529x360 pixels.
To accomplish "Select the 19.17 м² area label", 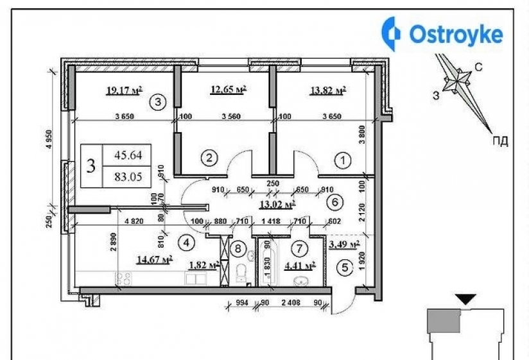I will pos(124,90).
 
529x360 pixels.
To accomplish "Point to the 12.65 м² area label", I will pos(229,90).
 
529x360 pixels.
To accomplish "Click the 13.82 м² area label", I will pos(328,90).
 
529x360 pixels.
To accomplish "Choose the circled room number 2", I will pos(207,157).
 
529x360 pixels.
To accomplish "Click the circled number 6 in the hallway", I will pos(333,201).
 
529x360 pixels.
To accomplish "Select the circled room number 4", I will pos(186,243).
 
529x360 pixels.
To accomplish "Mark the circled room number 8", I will pos(238,247).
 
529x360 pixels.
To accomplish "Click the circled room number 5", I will pos(345,268).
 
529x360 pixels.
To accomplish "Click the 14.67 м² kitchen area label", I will pos(155,260).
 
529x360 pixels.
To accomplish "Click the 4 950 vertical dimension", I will pos(48,140).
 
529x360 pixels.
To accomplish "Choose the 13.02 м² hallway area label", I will pos(277,205).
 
